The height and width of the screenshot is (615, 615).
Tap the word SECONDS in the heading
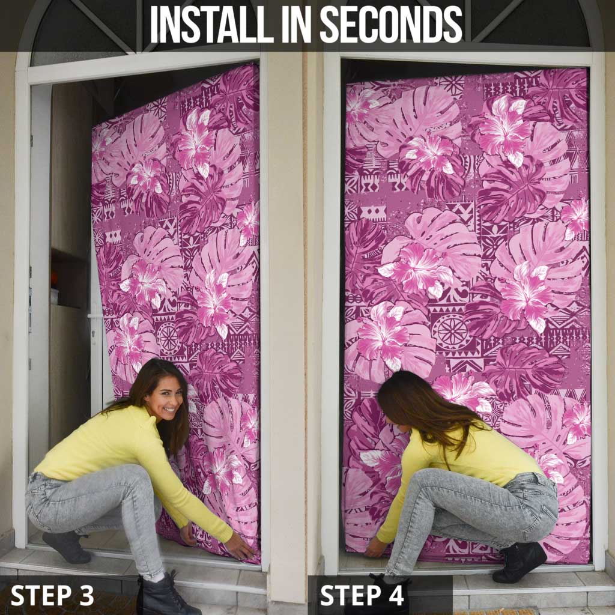(391, 25)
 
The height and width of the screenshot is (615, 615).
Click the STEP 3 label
(52, 595)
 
